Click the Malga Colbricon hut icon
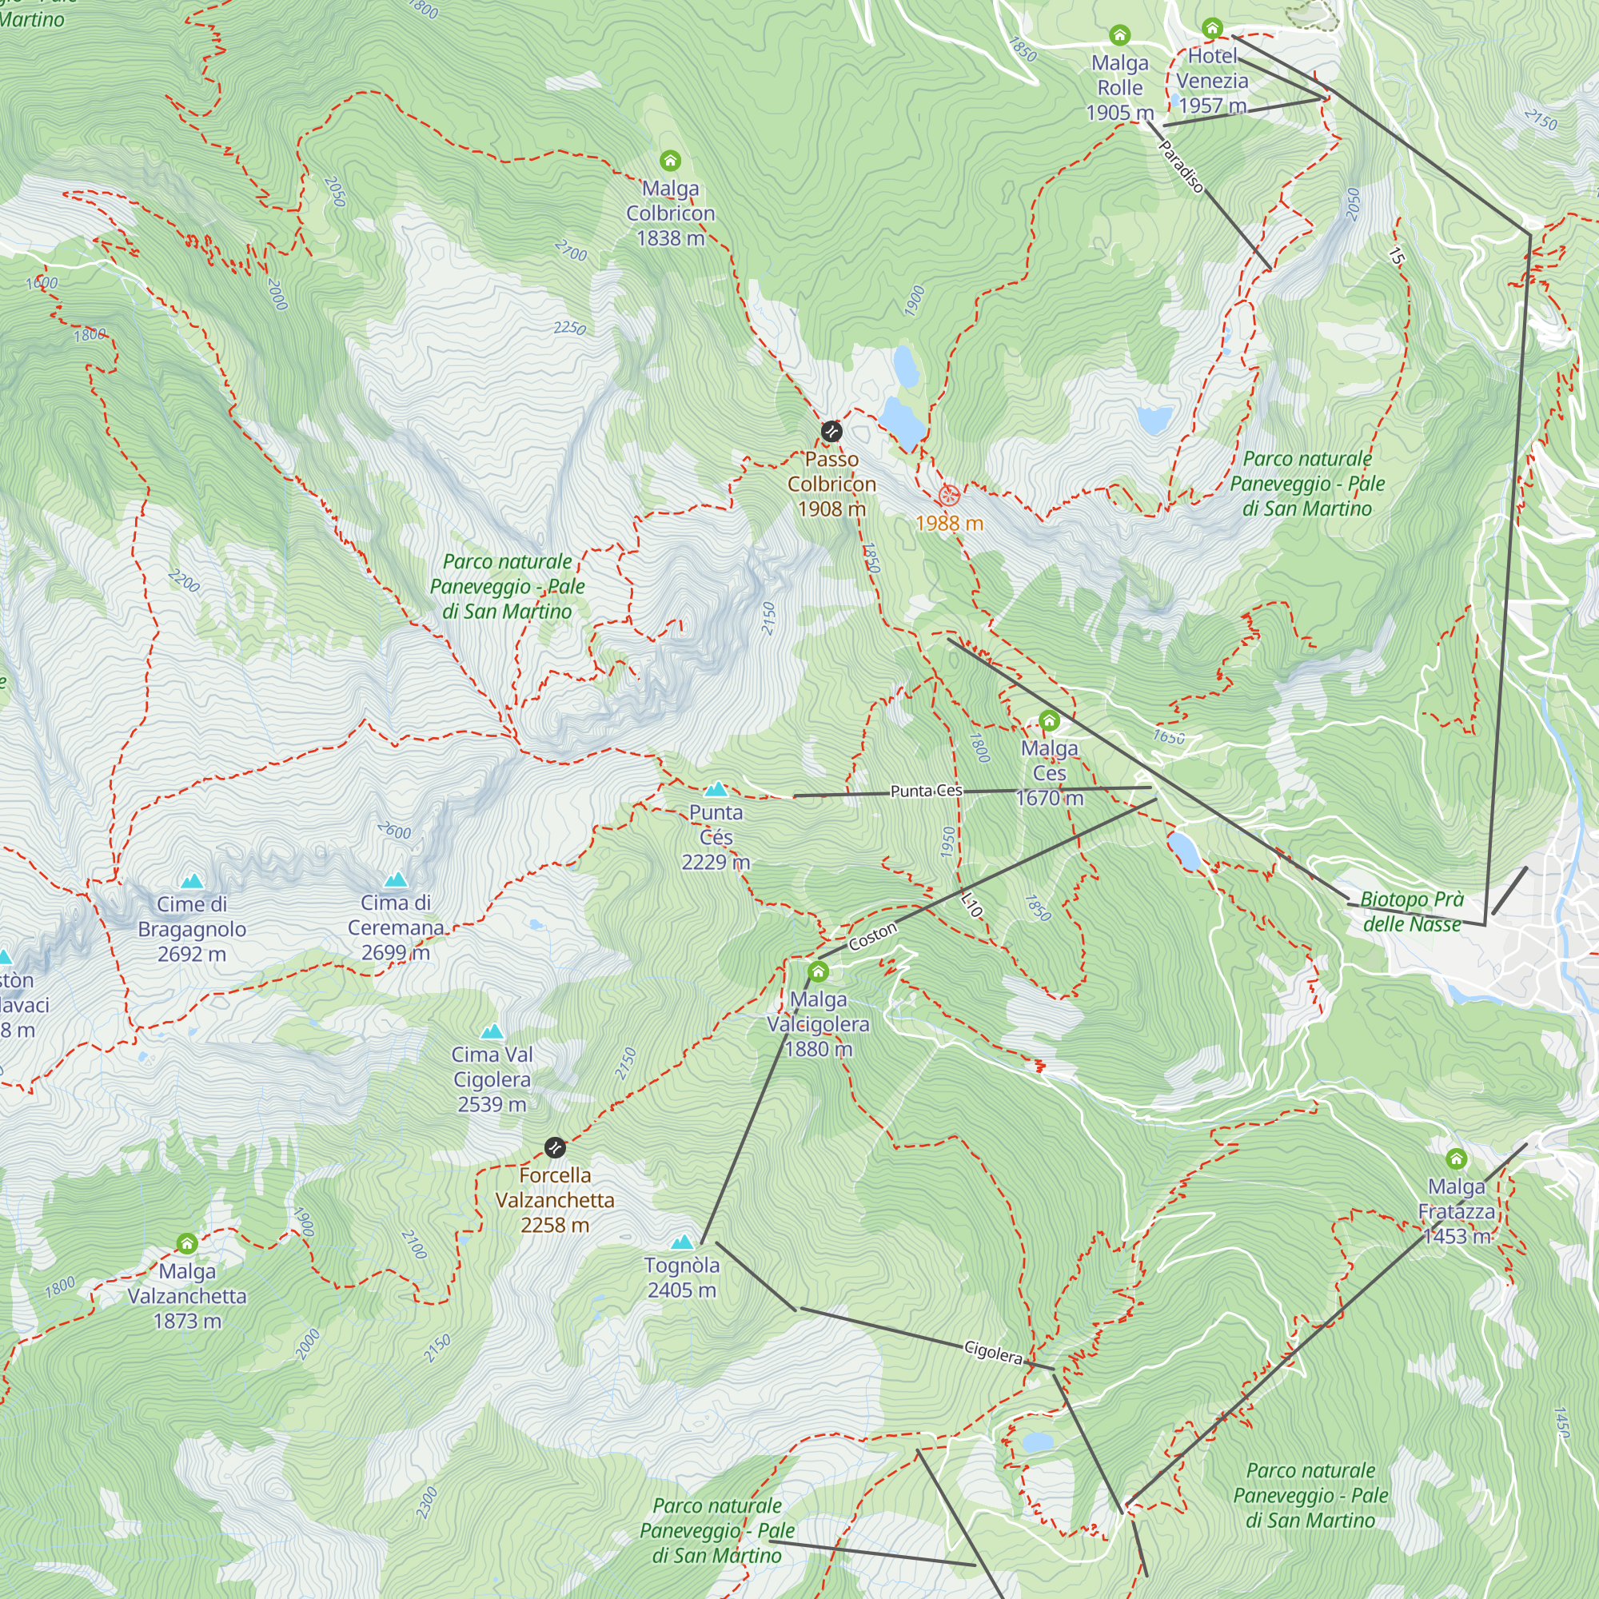coord(671,160)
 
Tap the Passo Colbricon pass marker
coord(831,431)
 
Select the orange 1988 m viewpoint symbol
coord(949,496)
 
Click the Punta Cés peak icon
coord(716,789)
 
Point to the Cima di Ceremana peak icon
coord(396,879)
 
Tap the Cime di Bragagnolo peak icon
coord(192,880)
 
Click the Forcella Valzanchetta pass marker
coord(555,1147)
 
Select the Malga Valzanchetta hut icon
coord(187,1243)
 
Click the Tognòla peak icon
coord(682,1242)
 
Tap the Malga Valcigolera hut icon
coord(818,971)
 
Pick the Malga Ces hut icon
coord(1049,720)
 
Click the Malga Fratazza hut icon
coord(1456,1158)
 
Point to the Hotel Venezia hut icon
coord(1212,28)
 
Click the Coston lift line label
coord(872,937)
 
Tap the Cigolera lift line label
coord(993,1354)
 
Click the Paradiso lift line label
coord(1181,166)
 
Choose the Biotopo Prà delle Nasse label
coord(1411,911)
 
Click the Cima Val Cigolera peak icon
coord(492,1031)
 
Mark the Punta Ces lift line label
coord(926,792)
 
